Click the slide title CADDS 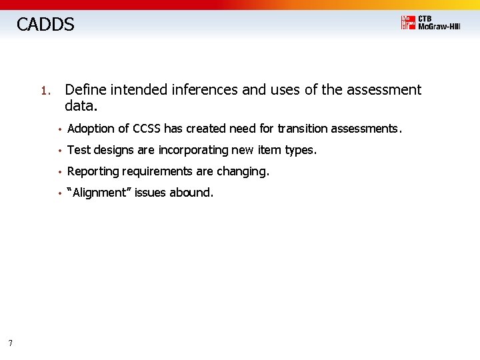(x=45, y=25)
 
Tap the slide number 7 (x=10, y=343)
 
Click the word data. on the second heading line (x=81, y=105)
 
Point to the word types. (x=300, y=150)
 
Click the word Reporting (x=93, y=171)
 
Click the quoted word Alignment (x=99, y=193)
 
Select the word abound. (x=191, y=193)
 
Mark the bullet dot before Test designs (x=59, y=151)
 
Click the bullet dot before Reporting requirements (x=59, y=172)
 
